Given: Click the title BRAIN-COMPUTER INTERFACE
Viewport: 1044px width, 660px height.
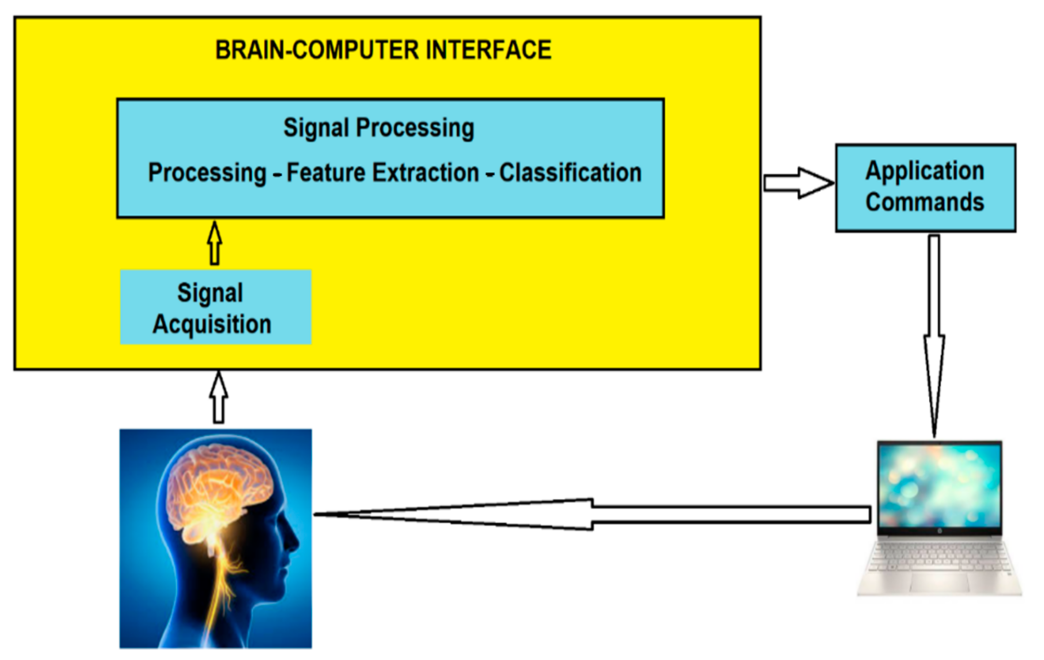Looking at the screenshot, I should tap(383, 50).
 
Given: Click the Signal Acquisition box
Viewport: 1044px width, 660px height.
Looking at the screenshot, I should tap(215, 307).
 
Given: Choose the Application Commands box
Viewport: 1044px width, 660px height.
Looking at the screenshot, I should tap(925, 187).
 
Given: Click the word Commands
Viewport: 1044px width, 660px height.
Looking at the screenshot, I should tap(925, 203).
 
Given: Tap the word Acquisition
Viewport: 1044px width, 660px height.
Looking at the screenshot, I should tap(212, 324).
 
